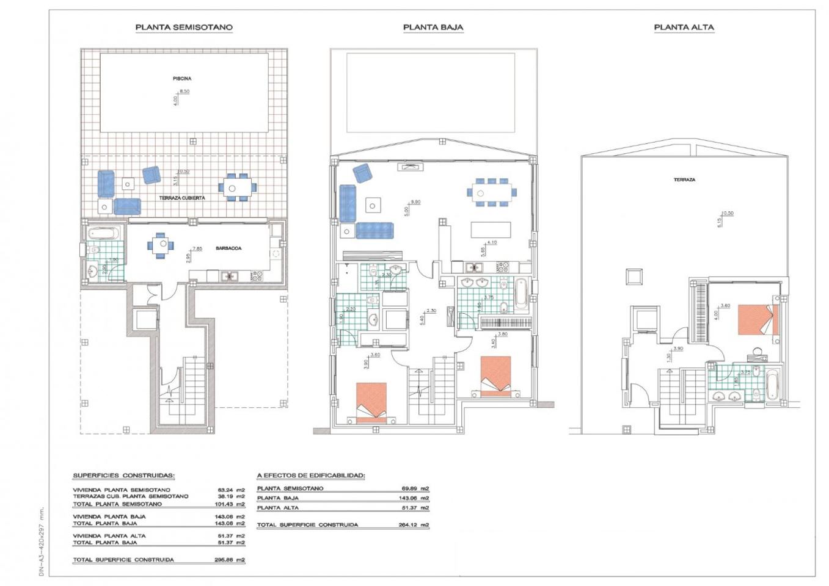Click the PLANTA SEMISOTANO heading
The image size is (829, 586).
[x=183, y=27]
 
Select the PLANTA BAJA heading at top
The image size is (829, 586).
[x=433, y=27]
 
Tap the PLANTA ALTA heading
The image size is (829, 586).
[x=684, y=27]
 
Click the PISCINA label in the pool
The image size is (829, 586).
[x=182, y=79]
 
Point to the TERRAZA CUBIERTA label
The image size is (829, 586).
[x=182, y=198]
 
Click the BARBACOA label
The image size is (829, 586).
[x=228, y=248]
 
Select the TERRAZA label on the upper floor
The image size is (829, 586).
[x=684, y=180]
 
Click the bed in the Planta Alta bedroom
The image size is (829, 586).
[x=758, y=320]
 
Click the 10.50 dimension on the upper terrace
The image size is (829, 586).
[x=726, y=214]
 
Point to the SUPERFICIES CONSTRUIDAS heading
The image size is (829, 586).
[x=123, y=476]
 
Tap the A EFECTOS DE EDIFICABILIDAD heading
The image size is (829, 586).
[x=311, y=476]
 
